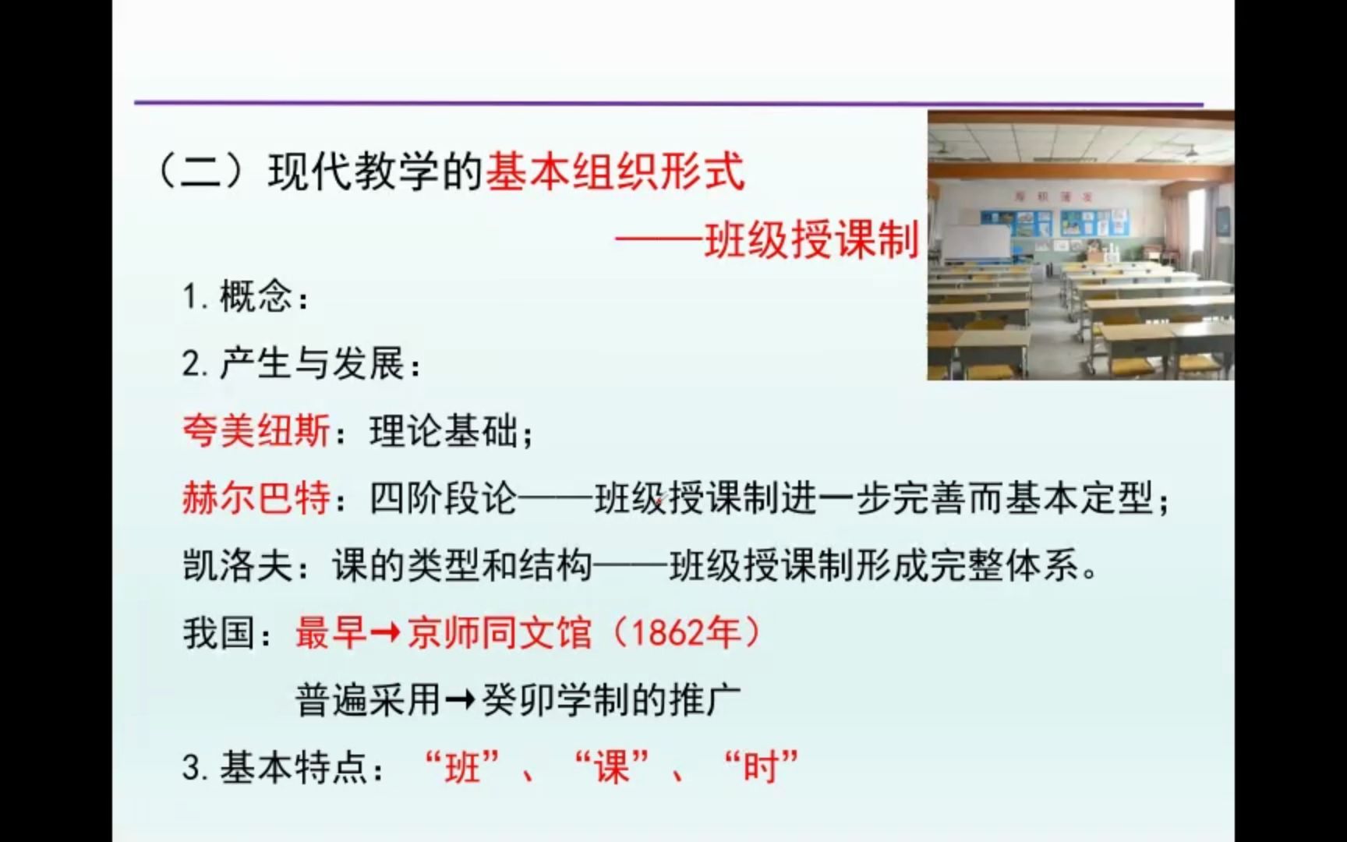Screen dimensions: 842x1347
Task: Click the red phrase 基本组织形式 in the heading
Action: (x=616, y=172)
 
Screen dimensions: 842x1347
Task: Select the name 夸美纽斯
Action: (x=256, y=431)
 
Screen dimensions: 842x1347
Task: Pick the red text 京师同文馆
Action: (x=500, y=633)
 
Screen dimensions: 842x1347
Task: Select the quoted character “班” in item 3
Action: (x=462, y=768)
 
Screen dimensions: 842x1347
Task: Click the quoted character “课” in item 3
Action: (x=612, y=768)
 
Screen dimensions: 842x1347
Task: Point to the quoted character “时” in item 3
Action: (x=762, y=768)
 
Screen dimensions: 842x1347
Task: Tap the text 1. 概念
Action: (x=244, y=297)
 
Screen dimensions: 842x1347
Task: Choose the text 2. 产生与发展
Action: (x=300, y=364)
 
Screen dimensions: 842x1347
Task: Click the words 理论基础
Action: (x=444, y=431)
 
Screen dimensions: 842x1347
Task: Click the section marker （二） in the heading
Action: (x=203, y=172)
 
